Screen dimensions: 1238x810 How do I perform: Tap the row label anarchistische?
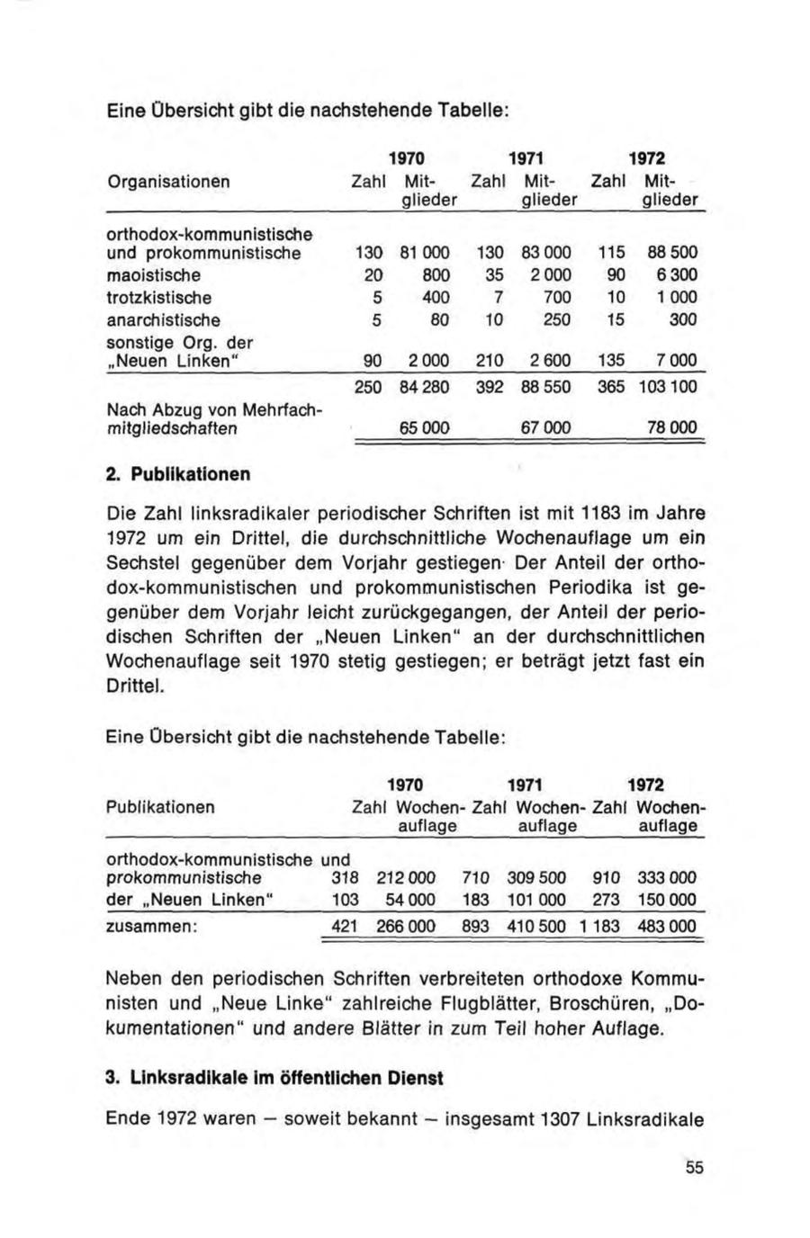[164, 320]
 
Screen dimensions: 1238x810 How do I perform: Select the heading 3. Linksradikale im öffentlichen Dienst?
[274, 1077]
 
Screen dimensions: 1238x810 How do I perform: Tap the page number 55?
[694, 1168]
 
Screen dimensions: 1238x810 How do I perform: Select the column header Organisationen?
[169, 182]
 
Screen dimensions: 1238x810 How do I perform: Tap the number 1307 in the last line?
[560, 1119]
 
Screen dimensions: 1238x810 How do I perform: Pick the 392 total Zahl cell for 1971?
[487, 388]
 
